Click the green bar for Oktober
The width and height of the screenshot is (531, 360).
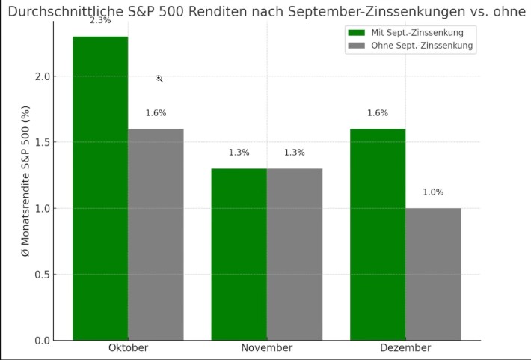click(100, 187)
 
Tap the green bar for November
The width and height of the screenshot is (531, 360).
click(239, 254)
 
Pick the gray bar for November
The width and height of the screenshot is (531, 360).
click(294, 254)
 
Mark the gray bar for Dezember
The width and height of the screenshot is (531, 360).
click(433, 274)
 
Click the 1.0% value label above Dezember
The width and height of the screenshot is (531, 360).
click(433, 192)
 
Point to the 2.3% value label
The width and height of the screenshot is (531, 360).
click(100, 21)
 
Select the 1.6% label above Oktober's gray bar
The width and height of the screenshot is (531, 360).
click(156, 113)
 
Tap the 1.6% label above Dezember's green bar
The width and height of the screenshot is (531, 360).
click(378, 113)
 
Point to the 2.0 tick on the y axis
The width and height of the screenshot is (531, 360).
click(41, 76)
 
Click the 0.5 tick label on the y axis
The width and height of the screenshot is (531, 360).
click(41, 275)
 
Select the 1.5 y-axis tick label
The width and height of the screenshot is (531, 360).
click(41, 142)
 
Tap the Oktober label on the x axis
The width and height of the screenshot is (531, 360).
click(128, 349)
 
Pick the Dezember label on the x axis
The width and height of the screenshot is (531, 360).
click(405, 349)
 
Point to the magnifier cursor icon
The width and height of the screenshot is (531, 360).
click(159, 78)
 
